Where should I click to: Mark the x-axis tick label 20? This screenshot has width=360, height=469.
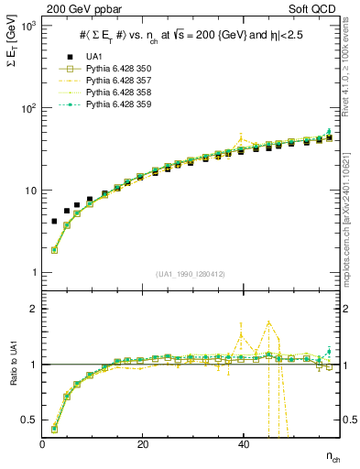click(x=142, y=444)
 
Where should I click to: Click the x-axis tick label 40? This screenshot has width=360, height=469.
click(x=243, y=444)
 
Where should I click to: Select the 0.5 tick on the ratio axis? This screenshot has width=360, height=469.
click(x=27, y=420)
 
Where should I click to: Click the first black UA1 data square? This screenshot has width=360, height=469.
click(x=54, y=222)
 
